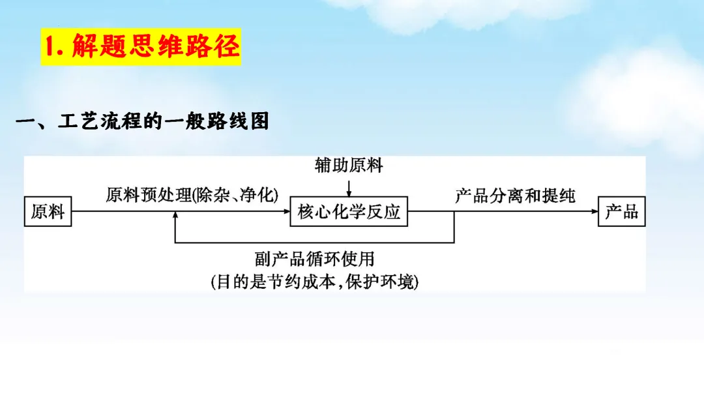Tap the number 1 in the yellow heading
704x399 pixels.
(x=53, y=47)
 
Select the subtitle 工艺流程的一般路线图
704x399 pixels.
(x=163, y=122)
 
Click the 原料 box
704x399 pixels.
(x=48, y=211)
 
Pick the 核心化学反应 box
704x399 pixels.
(x=349, y=211)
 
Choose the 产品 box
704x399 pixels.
(x=621, y=211)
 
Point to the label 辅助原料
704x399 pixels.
(x=349, y=166)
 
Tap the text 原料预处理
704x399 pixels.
(x=149, y=195)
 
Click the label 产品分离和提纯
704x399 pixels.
(x=515, y=195)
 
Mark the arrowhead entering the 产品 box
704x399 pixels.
(x=594, y=211)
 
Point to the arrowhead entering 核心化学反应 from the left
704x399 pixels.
(x=286, y=211)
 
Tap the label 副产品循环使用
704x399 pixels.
(x=315, y=259)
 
